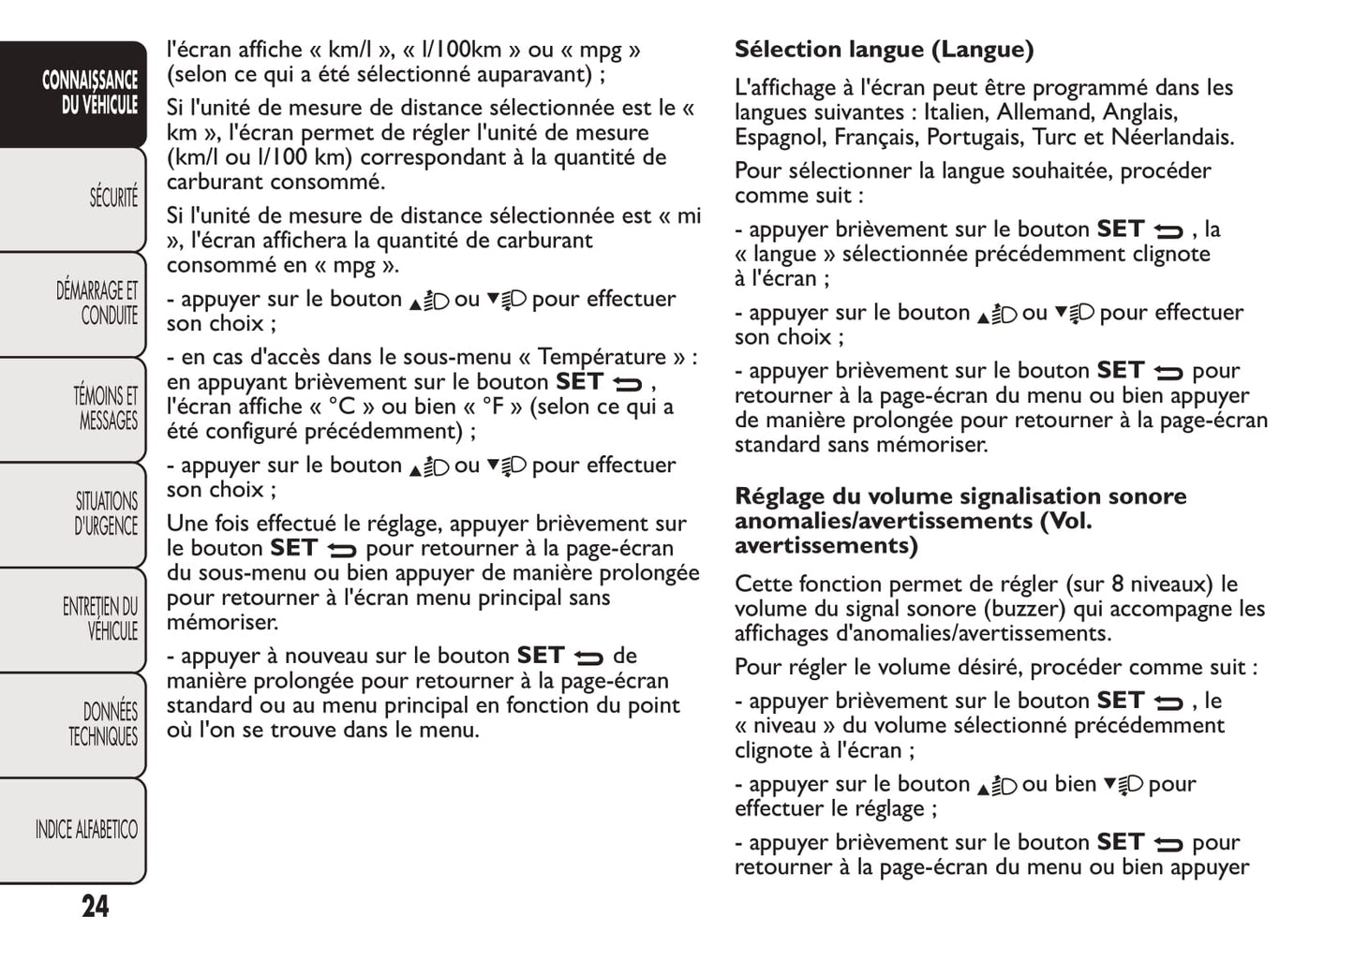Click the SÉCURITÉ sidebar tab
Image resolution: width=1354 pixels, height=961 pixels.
click(112, 198)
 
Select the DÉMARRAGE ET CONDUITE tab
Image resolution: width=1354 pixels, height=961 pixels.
click(97, 303)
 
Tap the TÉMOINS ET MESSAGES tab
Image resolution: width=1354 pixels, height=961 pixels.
click(105, 408)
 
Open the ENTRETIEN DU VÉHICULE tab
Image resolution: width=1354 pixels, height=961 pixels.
click(100, 619)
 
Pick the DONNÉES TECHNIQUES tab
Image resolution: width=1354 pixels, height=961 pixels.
click(103, 724)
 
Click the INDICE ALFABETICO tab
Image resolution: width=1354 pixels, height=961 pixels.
click(86, 830)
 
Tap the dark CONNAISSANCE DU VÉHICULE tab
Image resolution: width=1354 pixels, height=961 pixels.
click(90, 92)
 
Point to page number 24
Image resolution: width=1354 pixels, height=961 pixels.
click(95, 907)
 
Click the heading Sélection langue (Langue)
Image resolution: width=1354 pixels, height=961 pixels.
click(884, 50)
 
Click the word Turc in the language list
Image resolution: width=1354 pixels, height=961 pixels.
click(1055, 138)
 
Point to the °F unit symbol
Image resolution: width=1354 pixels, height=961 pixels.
click(494, 407)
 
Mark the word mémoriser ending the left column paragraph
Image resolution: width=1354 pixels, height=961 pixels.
click(221, 623)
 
